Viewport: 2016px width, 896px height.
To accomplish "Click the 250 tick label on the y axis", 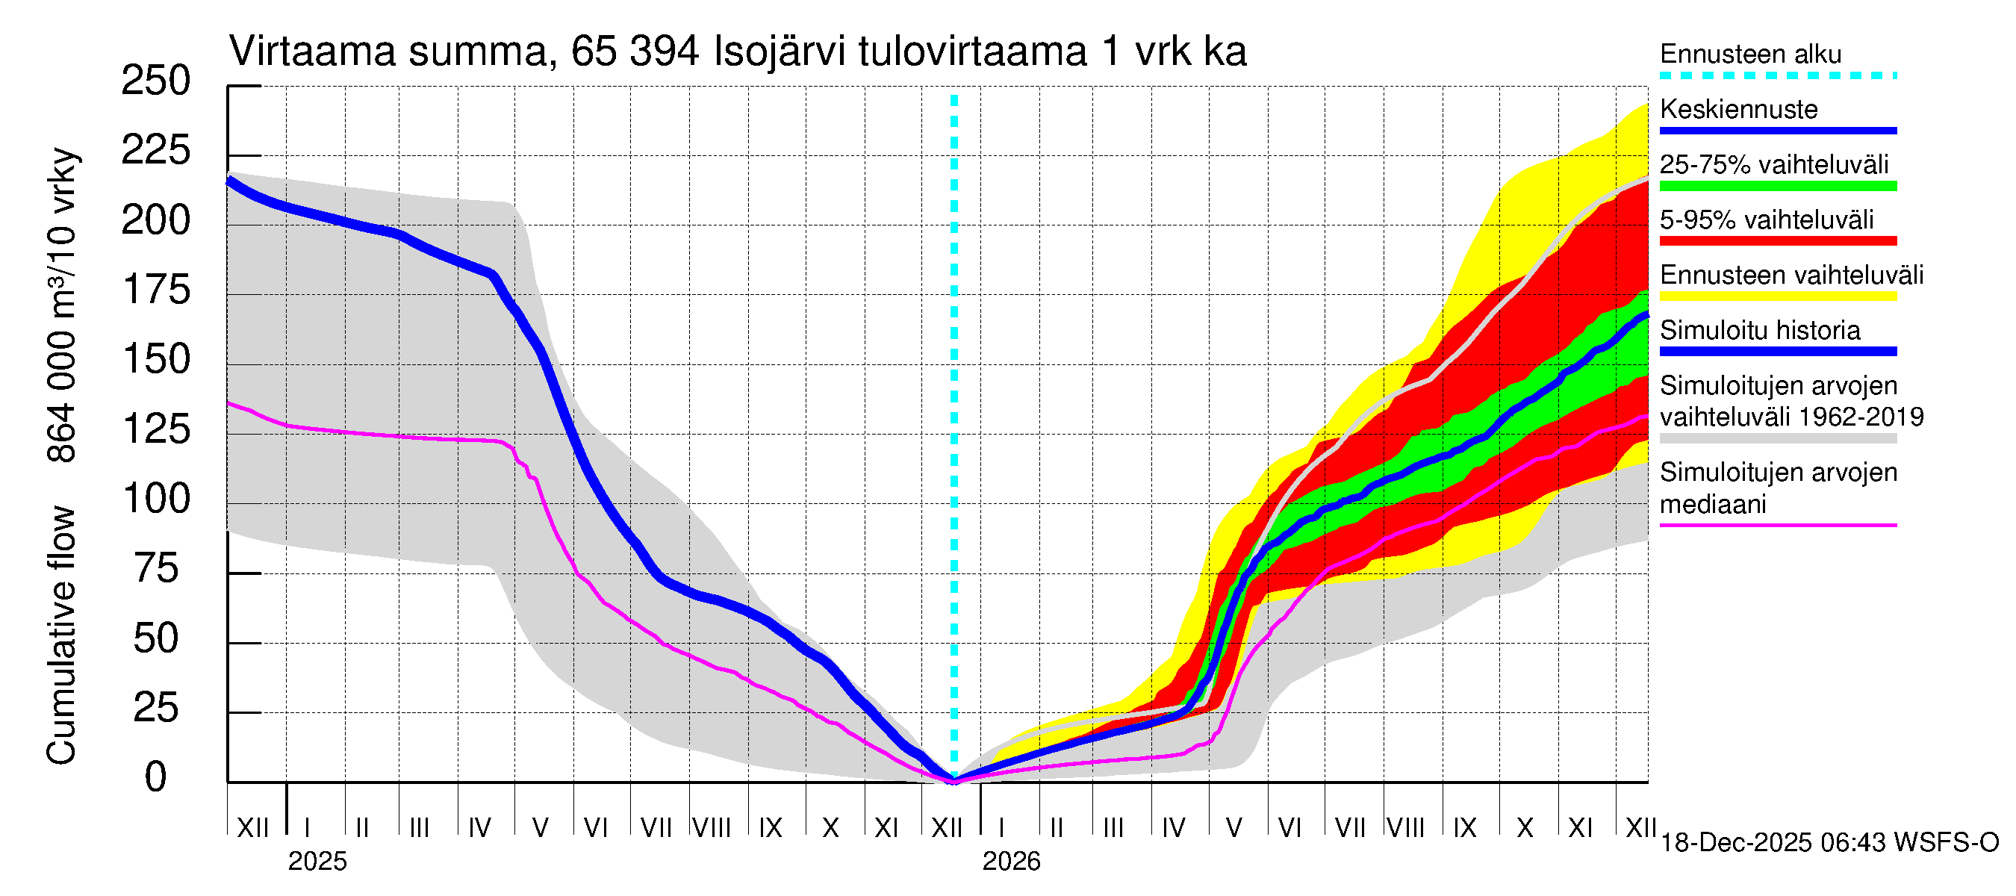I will coord(156,81).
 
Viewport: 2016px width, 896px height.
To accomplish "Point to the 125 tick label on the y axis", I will coord(156,429).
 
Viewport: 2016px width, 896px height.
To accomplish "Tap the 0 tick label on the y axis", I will coord(156,777).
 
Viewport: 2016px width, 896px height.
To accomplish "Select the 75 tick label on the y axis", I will coord(156,568).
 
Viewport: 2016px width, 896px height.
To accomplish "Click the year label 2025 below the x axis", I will coord(317,862).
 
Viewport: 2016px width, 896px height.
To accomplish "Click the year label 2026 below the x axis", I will coord(1011,862).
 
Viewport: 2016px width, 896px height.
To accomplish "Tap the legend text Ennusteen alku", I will coord(1751,54).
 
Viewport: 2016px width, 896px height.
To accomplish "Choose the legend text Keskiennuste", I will coord(1739,109).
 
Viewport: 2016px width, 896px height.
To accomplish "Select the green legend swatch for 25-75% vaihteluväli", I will coord(1778,186).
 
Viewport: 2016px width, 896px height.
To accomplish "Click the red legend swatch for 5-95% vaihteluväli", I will coord(1778,241).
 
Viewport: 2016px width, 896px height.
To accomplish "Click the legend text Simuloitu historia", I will coord(1760,330).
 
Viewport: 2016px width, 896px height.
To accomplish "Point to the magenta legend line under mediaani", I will coord(1778,525).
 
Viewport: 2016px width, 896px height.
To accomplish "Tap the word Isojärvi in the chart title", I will coord(780,52).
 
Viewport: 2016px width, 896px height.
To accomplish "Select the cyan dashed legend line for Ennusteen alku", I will coord(1778,76).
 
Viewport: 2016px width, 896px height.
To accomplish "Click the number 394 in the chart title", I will coord(664,52).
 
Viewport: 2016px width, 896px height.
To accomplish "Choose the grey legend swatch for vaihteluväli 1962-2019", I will coord(1778,439).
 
